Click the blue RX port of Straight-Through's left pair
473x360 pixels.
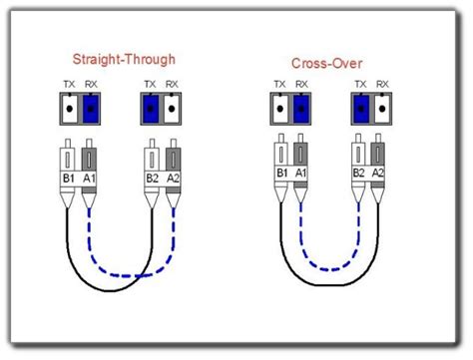(92, 107)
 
